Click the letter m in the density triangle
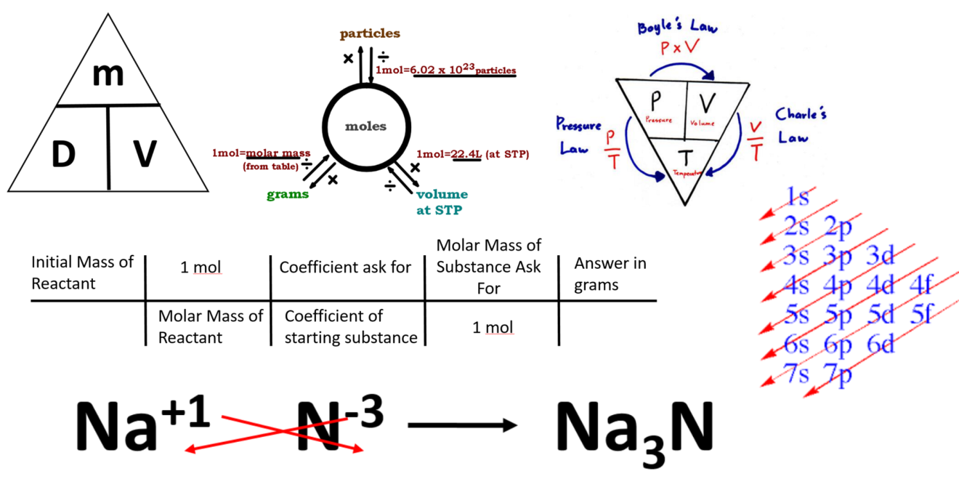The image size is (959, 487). point(107,75)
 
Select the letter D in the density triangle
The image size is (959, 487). point(64,154)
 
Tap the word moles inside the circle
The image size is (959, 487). point(365,126)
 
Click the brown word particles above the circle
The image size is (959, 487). point(371,33)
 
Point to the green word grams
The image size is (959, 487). point(287,194)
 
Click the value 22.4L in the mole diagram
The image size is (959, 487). point(466,154)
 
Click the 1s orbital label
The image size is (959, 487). point(798,196)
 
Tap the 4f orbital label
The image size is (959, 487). point(921,284)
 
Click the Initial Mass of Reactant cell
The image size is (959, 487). point(81,273)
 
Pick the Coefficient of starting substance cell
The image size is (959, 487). point(351,327)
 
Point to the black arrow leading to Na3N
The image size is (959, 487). point(461,426)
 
